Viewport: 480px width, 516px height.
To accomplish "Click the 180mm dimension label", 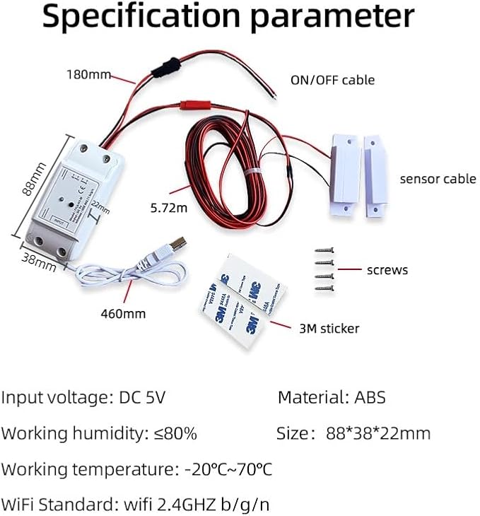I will [88, 74].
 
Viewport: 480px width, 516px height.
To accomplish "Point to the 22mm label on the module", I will [100, 208].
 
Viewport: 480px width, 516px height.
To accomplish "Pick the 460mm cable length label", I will [123, 312].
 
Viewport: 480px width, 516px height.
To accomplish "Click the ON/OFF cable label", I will [332, 80].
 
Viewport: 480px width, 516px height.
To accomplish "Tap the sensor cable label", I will [438, 179].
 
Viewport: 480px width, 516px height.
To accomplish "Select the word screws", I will [387, 269].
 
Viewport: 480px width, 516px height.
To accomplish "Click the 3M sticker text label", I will [328, 328].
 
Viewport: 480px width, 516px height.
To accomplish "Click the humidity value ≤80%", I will [175, 433].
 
